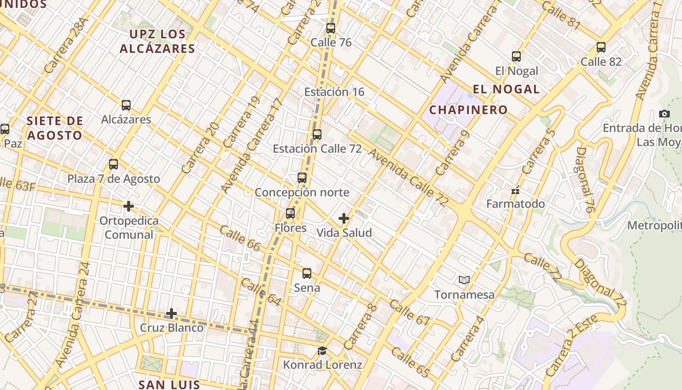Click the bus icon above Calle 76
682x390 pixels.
click(331, 28)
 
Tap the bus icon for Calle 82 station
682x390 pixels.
click(601, 47)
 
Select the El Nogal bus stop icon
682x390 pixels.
click(516, 57)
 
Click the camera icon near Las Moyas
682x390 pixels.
click(664, 114)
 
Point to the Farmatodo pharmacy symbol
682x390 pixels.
click(515, 191)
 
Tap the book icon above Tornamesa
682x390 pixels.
click(464, 280)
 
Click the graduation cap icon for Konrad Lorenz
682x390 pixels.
click(322, 351)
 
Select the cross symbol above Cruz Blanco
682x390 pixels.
click(171, 313)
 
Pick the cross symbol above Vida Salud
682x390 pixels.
click(344, 218)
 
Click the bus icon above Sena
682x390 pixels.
click(307, 273)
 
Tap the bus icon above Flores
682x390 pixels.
click(290, 214)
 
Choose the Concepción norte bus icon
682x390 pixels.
click(302, 178)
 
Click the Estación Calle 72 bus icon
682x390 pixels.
click(317, 135)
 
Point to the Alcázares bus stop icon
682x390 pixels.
click(126, 105)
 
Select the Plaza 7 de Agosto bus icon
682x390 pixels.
click(114, 164)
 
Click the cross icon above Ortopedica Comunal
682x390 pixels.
click(129, 206)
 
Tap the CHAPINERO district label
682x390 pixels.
click(468, 110)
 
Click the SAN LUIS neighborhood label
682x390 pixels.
click(169, 384)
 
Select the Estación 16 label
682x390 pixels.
click(334, 92)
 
